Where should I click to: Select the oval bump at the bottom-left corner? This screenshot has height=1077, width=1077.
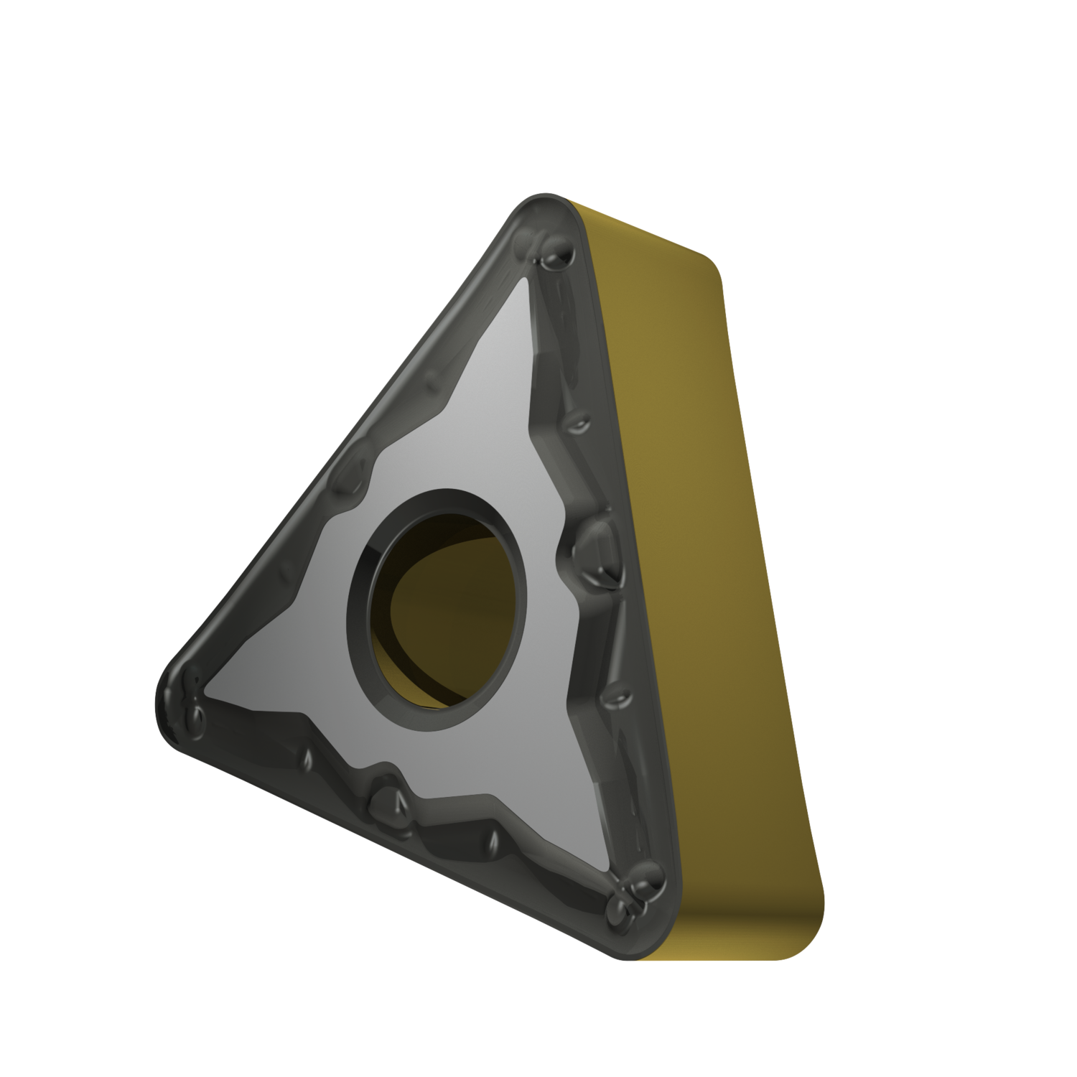(192, 714)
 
